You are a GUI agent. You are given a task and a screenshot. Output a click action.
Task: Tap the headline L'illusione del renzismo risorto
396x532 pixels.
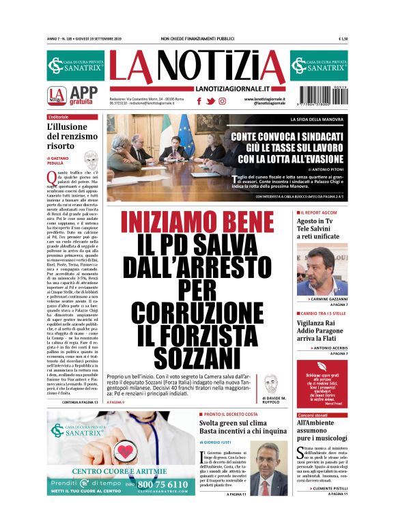pyautogui.click(x=71, y=137)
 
